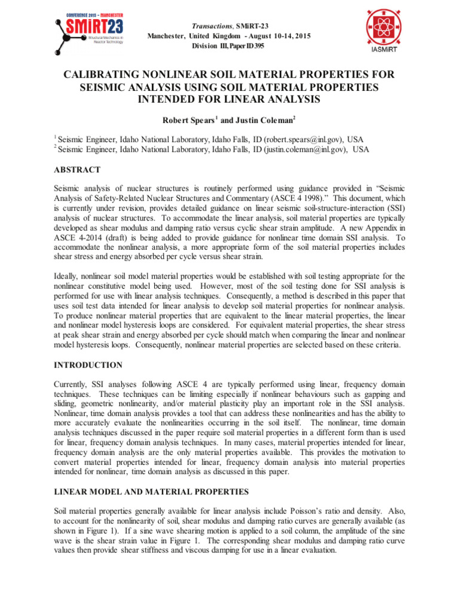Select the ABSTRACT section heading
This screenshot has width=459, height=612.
click(77, 170)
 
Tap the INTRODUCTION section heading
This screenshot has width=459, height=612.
click(88, 365)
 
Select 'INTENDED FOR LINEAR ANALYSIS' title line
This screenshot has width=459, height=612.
click(229, 98)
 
